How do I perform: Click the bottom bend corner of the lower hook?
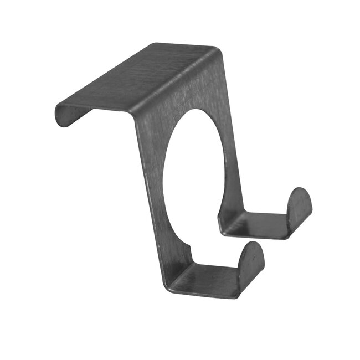pyautogui.click(x=169, y=285)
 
